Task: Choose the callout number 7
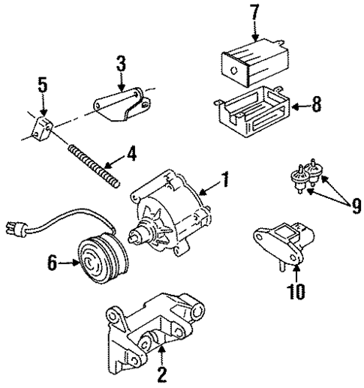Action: (255, 12)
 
